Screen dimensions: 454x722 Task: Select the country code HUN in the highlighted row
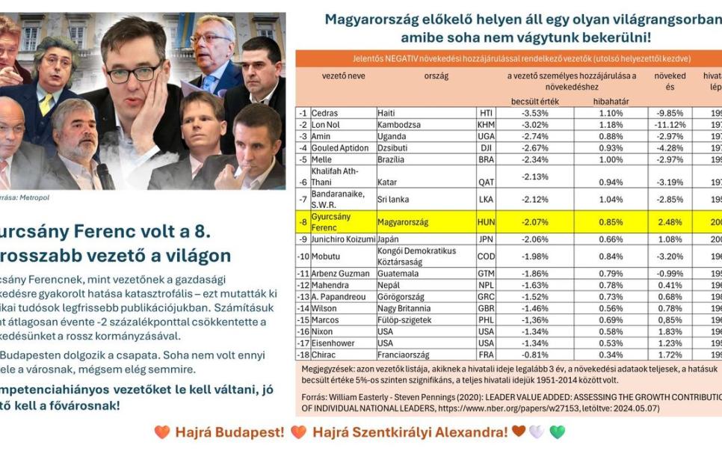pyautogui.click(x=486, y=222)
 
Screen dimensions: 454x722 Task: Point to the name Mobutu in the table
pyautogui.click(x=327, y=257)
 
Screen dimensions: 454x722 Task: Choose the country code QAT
pyautogui.click(x=486, y=182)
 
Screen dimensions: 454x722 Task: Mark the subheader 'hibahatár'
pyautogui.click(x=611, y=101)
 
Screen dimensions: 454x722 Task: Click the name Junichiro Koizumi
pyautogui.click(x=343, y=239)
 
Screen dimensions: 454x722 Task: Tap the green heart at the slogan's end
pyautogui.click(x=558, y=432)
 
